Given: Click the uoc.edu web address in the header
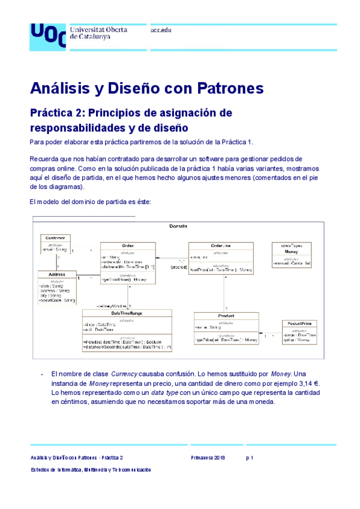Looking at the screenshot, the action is [x=161, y=29].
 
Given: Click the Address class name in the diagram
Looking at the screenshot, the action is [x=58, y=275].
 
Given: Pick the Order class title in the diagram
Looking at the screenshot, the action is [x=127, y=246].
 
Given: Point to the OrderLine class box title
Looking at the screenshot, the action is [x=217, y=245].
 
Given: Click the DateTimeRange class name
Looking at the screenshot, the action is [x=127, y=313].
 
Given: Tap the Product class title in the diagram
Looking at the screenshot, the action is [x=226, y=316].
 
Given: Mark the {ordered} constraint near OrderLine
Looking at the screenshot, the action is [x=179, y=267].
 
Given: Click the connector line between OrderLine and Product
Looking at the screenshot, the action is [x=226, y=294].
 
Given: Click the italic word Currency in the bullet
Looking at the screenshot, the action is [x=128, y=373].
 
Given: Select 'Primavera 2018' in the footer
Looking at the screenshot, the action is [x=208, y=457].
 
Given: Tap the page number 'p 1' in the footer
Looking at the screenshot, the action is [x=250, y=457].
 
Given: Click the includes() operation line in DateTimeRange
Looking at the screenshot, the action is [x=127, y=341].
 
